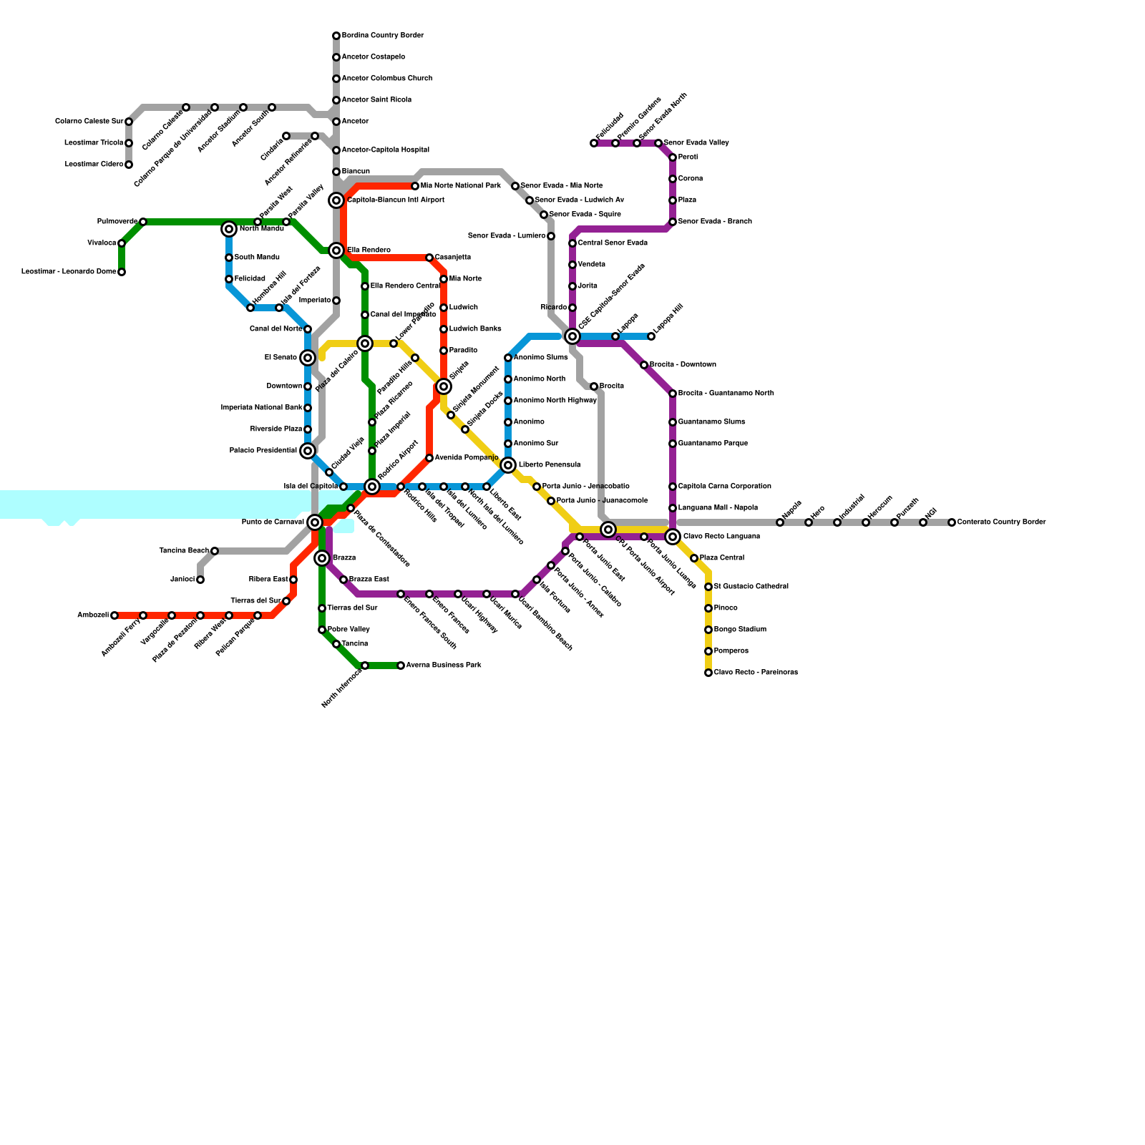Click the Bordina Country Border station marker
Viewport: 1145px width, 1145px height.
coord(336,36)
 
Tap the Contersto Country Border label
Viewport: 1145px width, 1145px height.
coord(1001,522)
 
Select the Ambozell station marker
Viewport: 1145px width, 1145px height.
coord(114,615)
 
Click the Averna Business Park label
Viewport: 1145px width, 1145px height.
coord(443,666)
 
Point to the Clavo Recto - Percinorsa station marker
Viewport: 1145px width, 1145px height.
coord(708,673)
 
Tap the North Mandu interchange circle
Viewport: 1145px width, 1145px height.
coord(229,229)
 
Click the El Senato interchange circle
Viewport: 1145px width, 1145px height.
coord(308,358)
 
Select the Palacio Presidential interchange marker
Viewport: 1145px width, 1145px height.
coord(308,451)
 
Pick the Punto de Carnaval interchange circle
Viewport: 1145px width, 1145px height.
coord(315,522)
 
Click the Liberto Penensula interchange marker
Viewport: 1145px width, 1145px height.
coord(508,465)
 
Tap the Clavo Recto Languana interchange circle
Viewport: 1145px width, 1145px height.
coord(673,537)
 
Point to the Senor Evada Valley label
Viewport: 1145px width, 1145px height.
coord(696,143)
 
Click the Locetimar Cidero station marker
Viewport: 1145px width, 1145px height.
coord(129,165)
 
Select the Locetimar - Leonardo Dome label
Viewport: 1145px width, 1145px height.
coord(69,272)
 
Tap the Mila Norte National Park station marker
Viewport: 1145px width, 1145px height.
coord(415,186)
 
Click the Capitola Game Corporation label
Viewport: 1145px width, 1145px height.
coord(724,487)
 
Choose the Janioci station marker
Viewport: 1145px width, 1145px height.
coord(200,580)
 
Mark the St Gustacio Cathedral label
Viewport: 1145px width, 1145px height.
coord(751,587)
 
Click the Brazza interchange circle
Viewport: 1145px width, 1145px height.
coord(322,558)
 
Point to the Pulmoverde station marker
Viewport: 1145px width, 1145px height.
coord(143,222)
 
